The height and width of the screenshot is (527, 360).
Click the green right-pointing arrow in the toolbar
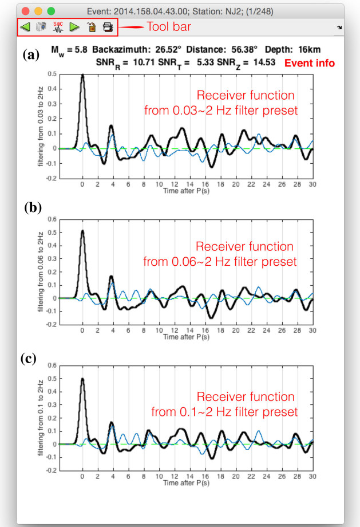click(74, 26)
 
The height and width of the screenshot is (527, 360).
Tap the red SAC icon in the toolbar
click(58, 26)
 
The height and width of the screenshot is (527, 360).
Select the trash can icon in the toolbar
click(90, 26)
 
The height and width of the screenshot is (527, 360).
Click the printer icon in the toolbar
click(107, 26)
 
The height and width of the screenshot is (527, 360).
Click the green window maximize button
click(51, 10)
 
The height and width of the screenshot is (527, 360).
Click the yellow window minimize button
click(38, 10)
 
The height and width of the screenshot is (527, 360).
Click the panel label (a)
click(30, 55)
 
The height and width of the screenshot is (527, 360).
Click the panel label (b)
click(33, 207)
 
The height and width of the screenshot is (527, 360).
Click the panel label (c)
click(29, 359)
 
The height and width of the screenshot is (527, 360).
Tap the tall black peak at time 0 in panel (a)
click(82, 76)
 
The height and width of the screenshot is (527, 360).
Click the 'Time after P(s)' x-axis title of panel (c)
click(187, 483)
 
